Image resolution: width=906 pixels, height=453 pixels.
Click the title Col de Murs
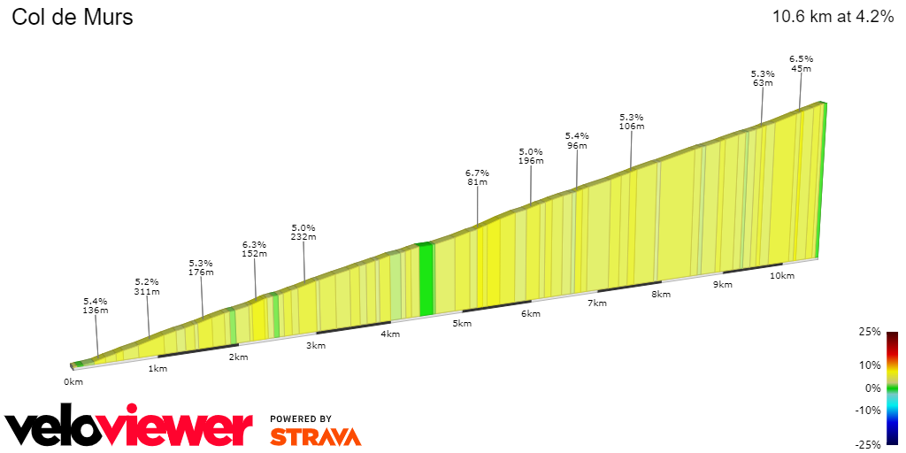tap(73, 17)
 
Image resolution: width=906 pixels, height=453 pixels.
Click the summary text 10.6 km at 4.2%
tap(832, 17)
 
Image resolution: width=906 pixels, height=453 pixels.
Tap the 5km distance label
tap(462, 324)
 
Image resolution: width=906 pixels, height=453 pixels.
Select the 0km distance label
tap(73, 381)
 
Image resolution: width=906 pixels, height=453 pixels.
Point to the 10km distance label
tap(782, 276)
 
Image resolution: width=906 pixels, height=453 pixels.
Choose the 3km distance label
tap(316, 345)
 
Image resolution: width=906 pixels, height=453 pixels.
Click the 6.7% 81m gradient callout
tap(477, 177)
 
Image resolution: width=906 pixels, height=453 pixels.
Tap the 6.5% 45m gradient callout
tap(801, 64)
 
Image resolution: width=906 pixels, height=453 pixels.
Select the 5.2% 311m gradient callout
tap(147, 286)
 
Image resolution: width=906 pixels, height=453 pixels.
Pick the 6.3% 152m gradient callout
tap(254, 249)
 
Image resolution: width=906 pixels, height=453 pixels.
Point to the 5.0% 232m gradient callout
tap(303, 232)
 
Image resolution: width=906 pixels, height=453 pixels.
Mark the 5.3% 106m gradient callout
tap(631, 121)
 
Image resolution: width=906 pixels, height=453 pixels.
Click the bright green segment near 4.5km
tap(426, 279)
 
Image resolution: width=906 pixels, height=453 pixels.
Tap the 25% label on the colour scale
tap(870, 332)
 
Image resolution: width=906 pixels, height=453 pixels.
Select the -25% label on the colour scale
tap(868, 444)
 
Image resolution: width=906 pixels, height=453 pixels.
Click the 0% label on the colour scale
tap(872, 388)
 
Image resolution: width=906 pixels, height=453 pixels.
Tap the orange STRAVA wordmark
tap(315, 436)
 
